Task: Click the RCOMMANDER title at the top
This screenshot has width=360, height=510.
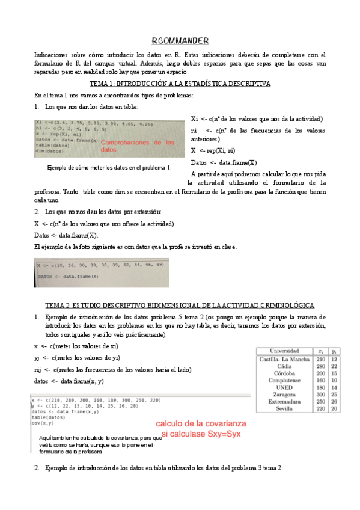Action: pyautogui.click(x=180, y=40)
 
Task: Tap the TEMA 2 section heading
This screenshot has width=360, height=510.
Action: pyautogui.click(x=180, y=305)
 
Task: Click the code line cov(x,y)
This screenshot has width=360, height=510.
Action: pyautogui.click(x=44, y=423)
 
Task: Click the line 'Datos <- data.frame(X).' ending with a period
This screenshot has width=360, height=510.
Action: pyautogui.click(x=66, y=235)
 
